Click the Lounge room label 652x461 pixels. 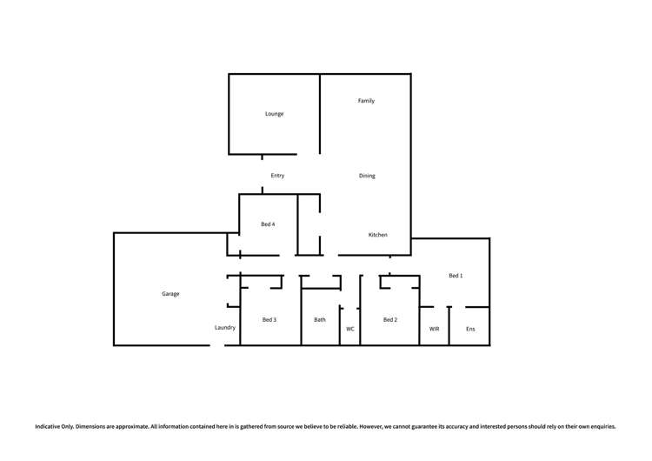[x=274, y=114]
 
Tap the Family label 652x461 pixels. [x=366, y=101]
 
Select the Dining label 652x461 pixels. [x=367, y=176]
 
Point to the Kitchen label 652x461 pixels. [x=377, y=235]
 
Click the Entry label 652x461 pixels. [x=277, y=176]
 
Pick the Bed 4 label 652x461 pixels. [x=268, y=224]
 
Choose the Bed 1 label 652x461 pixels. [x=456, y=276]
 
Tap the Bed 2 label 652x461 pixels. [x=390, y=320]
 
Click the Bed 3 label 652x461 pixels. [x=269, y=320]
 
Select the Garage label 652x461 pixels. [x=170, y=294]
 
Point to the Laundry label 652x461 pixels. [x=225, y=328]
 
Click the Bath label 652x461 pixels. [x=320, y=320]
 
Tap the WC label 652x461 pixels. [x=350, y=329]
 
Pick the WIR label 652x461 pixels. [x=434, y=329]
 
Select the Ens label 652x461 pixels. [x=470, y=329]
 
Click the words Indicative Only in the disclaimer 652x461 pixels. [x=53, y=427]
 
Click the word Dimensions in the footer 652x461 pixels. [x=93, y=427]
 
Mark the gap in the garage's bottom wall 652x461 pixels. [x=217, y=345]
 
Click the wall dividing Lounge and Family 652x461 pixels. [x=321, y=113]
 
